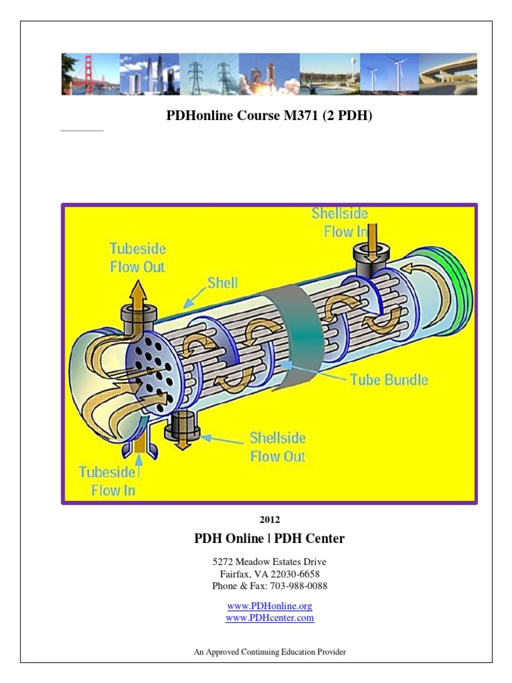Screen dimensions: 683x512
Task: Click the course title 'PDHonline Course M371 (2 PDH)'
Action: pyautogui.click(x=269, y=116)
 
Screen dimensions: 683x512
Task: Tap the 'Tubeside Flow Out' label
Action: pyautogui.click(x=137, y=258)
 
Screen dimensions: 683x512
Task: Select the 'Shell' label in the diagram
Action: pyautogui.click(x=222, y=283)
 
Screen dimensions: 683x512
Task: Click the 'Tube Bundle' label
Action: pyautogui.click(x=389, y=380)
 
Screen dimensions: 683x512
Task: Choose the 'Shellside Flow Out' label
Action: pyautogui.click(x=277, y=447)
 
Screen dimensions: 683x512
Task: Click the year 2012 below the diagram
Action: pyautogui.click(x=269, y=520)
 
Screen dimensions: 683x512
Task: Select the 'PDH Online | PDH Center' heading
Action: pyautogui.click(x=269, y=538)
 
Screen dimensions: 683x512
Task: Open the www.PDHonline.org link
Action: pyautogui.click(x=269, y=606)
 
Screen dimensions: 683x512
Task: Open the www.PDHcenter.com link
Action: pyautogui.click(x=269, y=618)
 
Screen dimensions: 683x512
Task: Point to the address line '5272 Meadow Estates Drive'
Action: pyautogui.click(x=269, y=562)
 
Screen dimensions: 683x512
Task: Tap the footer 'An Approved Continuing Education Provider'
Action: pyautogui.click(x=269, y=652)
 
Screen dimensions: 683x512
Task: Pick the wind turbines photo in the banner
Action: pyautogui.click(x=389, y=74)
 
